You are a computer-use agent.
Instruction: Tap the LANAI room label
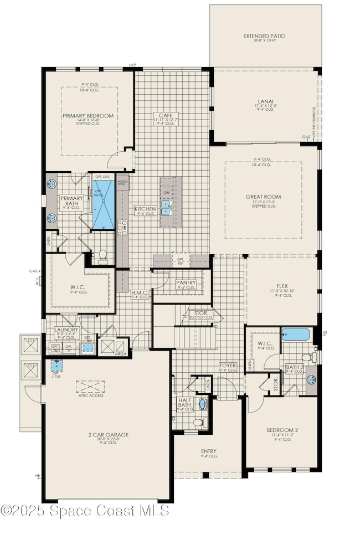pyautogui.click(x=264, y=101)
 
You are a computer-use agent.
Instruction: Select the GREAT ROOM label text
pyautogui.click(x=264, y=197)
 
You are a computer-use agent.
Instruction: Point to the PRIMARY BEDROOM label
pyautogui.click(x=88, y=116)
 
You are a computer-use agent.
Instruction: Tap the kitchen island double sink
pyautogui.click(x=166, y=207)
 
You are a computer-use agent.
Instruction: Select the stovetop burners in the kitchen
pyautogui.click(x=122, y=227)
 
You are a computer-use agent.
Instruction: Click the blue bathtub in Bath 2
pyautogui.click(x=296, y=334)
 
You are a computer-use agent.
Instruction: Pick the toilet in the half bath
pyautogui.click(x=198, y=422)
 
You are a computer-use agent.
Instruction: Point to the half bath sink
pyautogui.click(x=202, y=404)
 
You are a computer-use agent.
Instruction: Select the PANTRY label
pyautogui.click(x=186, y=282)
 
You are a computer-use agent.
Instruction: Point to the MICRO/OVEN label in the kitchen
pyautogui.click(x=122, y=183)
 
